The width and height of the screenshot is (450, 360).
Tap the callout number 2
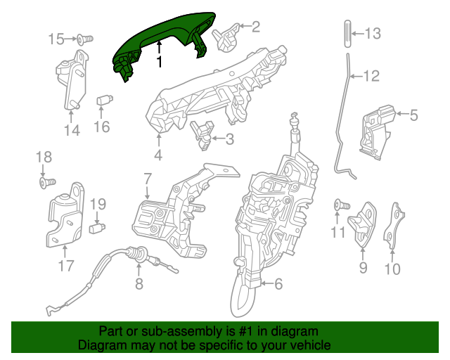click(255, 27)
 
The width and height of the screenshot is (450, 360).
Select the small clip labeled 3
click(202, 131)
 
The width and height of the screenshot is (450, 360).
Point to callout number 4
click(158, 156)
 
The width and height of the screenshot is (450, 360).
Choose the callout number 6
click(278, 285)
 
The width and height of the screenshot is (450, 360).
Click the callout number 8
click(139, 285)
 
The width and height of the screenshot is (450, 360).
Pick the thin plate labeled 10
click(393, 225)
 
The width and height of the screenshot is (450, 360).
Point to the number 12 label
click(371, 75)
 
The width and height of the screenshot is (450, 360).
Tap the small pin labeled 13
click(346, 34)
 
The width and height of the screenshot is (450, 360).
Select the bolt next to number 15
click(84, 39)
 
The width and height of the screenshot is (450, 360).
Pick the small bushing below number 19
click(101, 227)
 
